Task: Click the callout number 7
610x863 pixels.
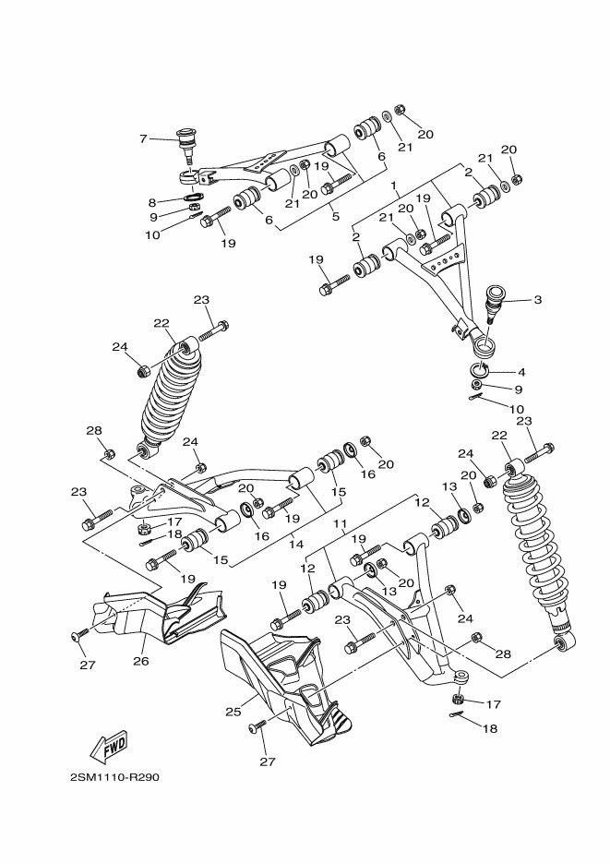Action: tap(143, 139)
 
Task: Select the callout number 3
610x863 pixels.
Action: tap(537, 300)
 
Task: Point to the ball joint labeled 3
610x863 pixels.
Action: tap(496, 301)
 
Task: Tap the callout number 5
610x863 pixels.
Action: tap(335, 217)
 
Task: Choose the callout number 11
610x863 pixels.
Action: tap(339, 523)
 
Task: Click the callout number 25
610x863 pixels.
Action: tap(233, 712)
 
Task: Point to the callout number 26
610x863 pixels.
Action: tap(141, 660)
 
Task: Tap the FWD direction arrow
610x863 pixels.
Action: tap(109, 745)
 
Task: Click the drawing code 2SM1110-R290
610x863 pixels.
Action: tap(114, 777)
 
